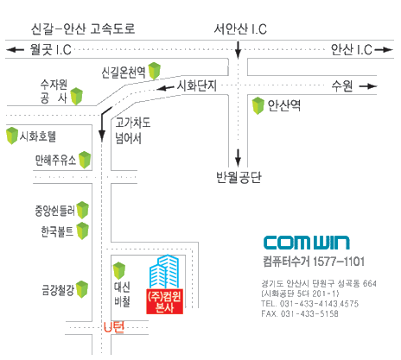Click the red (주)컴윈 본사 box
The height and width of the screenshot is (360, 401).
click(x=165, y=301)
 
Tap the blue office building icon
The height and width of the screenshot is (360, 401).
click(x=164, y=271)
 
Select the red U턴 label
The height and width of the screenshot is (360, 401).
click(x=114, y=327)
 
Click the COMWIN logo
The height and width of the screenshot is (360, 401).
click(x=307, y=243)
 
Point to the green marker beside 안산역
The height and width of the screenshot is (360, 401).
click(x=258, y=105)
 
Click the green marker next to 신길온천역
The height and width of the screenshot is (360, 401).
click(x=155, y=71)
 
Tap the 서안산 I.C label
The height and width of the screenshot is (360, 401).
click(x=240, y=29)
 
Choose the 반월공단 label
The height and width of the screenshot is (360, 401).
click(x=239, y=177)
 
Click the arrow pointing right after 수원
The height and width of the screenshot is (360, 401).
click(x=368, y=86)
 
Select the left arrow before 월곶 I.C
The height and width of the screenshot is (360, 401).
click(x=16, y=50)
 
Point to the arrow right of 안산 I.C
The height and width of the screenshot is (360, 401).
click(x=384, y=50)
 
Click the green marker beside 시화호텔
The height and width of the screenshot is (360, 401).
click(x=12, y=136)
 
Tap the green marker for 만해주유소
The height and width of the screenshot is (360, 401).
click(x=85, y=160)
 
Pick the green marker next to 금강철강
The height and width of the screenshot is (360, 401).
click(x=82, y=289)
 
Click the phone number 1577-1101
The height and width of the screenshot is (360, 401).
click(x=339, y=262)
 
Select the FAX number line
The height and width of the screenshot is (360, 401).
click(x=300, y=313)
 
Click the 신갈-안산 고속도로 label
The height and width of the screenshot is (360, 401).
click(x=83, y=28)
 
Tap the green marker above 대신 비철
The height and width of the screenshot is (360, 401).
click(x=119, y=271)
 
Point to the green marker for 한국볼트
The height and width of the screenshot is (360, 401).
click(x=82, y=231)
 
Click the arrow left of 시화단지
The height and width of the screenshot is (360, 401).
click(x=166, y=87)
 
